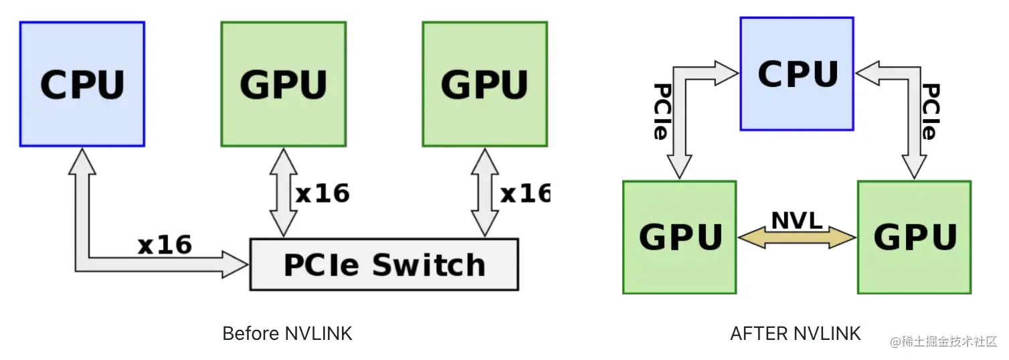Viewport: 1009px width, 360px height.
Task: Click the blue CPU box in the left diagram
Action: (x=82, y=84)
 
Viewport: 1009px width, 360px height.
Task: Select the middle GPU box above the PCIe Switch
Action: (x=283, y=84)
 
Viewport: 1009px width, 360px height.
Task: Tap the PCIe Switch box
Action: (x=383, y=264)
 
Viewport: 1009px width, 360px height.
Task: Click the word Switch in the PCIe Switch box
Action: (x=428, y=265)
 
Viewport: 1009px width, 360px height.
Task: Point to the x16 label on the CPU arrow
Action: (x=165, y=245)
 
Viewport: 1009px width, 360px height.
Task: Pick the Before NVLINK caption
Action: (x=287, y=333)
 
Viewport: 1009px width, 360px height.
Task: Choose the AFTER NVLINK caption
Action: (x=796, y=333)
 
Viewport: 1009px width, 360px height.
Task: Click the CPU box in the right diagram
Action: (x=796, y=74)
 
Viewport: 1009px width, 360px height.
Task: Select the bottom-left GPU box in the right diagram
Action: (x=679, y=237)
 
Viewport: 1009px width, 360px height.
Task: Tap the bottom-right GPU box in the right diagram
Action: (x=914, y=237)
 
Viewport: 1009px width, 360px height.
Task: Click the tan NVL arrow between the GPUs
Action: (x=797, y=237)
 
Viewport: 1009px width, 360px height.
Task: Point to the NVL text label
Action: (x=797, y=221)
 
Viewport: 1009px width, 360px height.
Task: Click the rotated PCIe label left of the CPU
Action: (x=662, y=111)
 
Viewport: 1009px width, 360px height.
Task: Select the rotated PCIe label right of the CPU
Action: (x=931, y=111)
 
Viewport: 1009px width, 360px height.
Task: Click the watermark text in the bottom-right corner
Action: (x=943, y=341)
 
